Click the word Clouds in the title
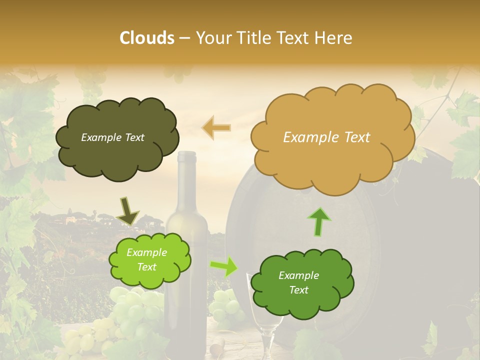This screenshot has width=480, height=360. [147, 38]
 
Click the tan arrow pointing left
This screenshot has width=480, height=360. [216, 127]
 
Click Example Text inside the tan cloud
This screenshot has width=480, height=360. [326, 137]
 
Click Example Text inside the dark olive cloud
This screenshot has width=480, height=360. [112, 137]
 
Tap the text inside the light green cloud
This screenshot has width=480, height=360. [146, 260]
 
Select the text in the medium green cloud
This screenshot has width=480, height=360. [298, 282]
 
